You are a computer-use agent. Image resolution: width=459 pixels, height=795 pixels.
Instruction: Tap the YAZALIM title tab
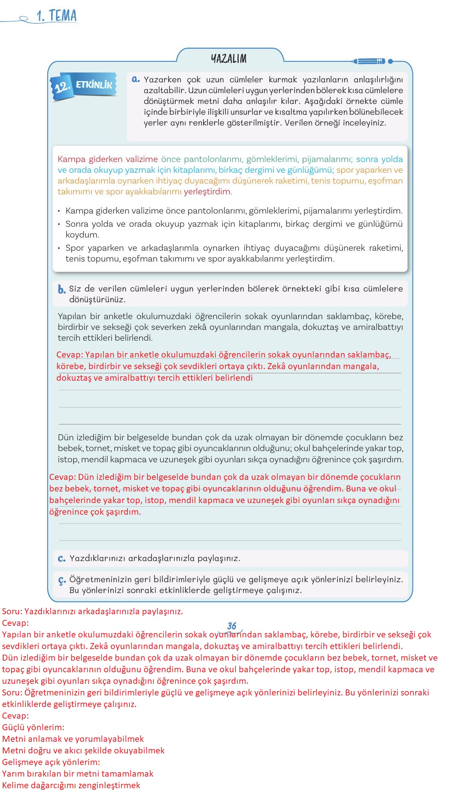tap(229, 59)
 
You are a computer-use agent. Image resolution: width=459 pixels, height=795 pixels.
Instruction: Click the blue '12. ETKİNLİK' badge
tap(84, 85)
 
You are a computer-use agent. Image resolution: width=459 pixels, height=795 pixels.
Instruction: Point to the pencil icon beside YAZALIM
tap(369, 61)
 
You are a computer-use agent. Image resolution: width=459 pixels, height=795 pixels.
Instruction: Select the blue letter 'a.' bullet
tap(136, 79)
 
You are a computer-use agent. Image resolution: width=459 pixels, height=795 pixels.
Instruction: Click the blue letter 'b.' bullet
tap(62, 290)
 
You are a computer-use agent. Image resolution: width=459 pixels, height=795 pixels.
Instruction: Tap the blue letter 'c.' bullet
tap(62, 558)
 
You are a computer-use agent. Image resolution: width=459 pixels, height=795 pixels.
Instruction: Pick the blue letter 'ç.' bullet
tap(62, 580)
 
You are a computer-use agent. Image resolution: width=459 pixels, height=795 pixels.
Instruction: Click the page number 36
tap(231, 626)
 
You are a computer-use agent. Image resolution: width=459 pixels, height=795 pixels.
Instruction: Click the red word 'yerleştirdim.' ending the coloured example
tap(208, 192)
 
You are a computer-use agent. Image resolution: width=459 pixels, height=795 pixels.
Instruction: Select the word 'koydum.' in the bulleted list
tap(82, 235)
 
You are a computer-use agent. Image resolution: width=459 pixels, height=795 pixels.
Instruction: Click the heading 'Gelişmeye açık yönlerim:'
tap(51, 762)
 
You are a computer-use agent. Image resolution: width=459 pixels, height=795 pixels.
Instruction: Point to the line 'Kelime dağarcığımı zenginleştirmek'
tap(71, 785)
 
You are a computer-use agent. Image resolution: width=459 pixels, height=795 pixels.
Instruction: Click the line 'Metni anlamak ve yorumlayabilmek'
tap(73, 739)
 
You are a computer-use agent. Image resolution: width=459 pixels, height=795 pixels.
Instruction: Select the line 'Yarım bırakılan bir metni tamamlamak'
tap(78, 774)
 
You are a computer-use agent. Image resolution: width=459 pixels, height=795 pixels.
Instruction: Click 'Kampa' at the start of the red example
tap(69, 159)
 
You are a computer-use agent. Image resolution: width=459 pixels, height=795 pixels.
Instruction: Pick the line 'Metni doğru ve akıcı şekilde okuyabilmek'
tap(83, 751)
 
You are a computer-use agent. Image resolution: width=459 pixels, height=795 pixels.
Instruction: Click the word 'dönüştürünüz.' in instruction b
tap(97, 300)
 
